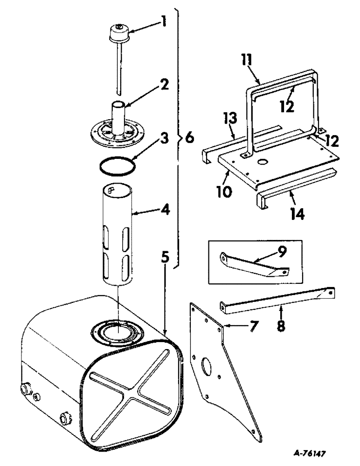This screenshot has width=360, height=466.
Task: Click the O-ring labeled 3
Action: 119,165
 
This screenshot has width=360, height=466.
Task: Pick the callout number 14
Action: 297,214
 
